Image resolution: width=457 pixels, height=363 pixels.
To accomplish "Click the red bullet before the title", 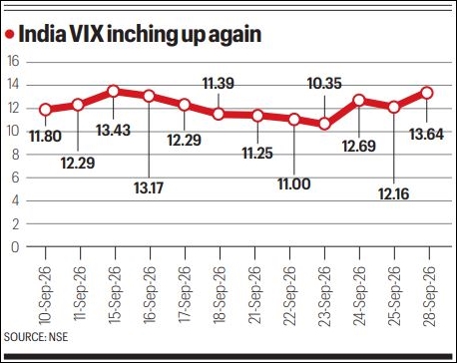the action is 10,34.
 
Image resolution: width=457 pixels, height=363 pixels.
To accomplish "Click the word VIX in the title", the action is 88,34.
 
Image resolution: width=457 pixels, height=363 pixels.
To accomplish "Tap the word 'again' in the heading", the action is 234,36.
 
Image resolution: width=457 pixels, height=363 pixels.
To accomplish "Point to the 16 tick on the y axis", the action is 14,62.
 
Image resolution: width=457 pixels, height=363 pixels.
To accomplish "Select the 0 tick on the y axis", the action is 15,247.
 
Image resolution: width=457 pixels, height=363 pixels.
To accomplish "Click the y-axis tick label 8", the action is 15,155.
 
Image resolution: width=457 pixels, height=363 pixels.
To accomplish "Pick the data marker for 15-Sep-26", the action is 114,91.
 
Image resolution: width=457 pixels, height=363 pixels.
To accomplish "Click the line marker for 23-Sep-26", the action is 324,125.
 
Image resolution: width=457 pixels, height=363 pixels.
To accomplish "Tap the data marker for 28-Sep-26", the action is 427,93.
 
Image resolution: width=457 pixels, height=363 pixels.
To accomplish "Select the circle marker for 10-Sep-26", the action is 45,110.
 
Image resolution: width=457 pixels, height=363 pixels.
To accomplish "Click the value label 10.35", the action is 324,83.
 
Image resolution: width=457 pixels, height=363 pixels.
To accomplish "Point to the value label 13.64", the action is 426,135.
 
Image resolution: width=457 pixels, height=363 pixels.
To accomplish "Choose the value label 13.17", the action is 149,187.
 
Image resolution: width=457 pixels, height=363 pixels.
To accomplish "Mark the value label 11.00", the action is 294,183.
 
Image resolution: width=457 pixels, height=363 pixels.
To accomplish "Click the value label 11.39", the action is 219,83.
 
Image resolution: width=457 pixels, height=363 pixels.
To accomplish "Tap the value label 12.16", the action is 393,194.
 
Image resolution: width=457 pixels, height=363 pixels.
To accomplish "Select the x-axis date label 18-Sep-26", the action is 220,294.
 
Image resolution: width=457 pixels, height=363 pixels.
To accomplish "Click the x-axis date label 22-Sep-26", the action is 289,296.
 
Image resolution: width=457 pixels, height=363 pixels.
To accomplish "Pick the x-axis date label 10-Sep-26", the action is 45,295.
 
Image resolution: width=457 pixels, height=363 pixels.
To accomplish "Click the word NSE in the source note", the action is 58,337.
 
